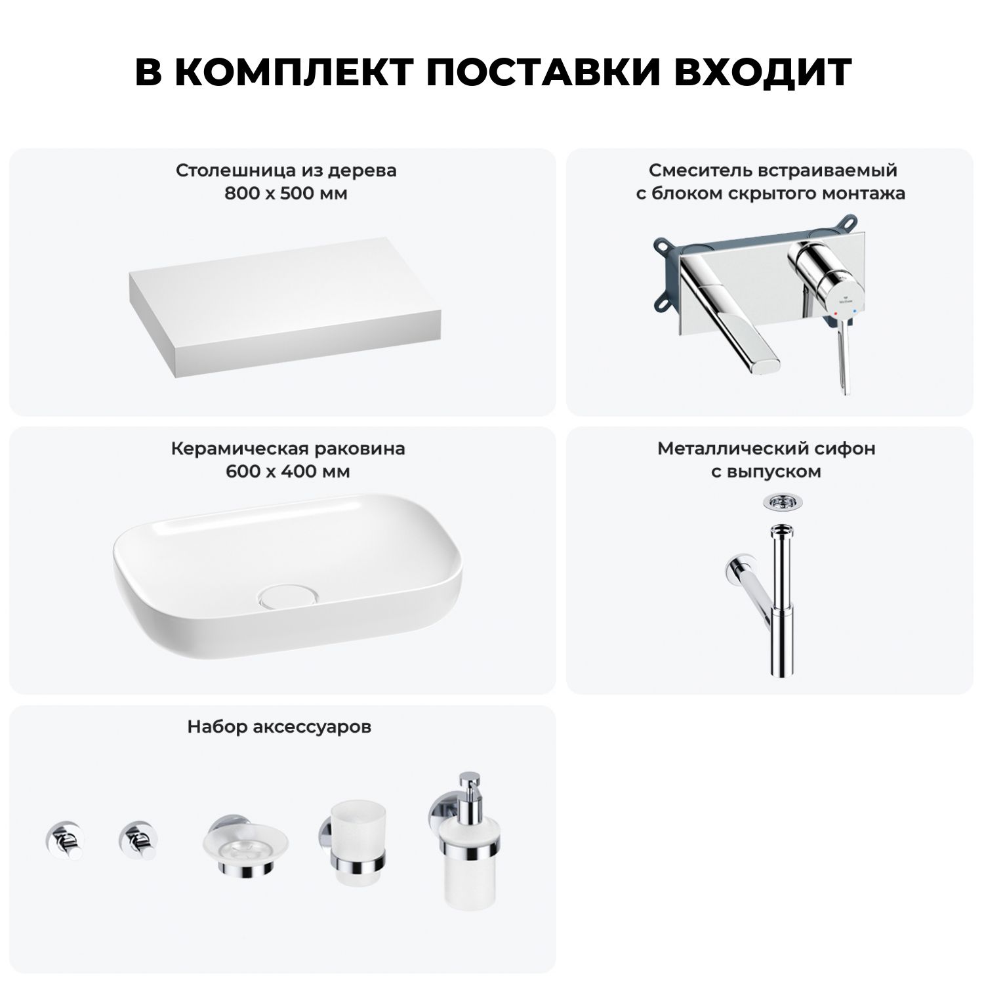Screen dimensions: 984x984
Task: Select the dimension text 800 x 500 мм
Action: pos(286,194)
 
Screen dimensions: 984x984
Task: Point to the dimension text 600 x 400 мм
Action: pos(288,472)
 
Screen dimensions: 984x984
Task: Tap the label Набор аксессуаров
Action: pos(279,727)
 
